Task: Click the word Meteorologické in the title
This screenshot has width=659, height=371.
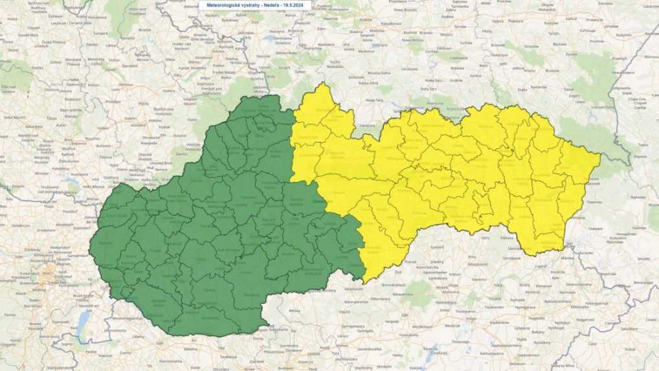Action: pyautogui.click(x=222, y=5)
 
